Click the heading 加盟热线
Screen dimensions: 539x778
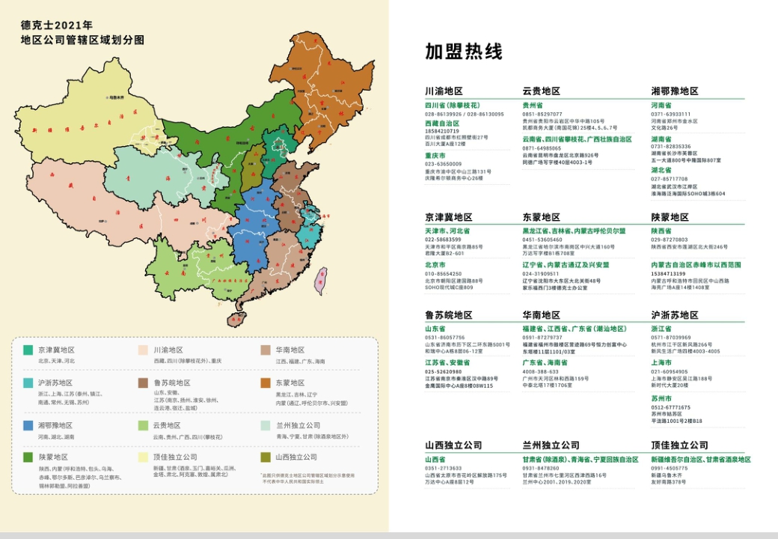pos(464,52)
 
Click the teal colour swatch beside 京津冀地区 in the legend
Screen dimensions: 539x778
pos(28,350)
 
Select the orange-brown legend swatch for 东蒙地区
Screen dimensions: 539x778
pos(265,383)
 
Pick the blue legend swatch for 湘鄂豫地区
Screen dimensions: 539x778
pos(28,425)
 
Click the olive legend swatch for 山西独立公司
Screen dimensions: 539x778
pos(265,457)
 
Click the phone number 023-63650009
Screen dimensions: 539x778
pos(444,164)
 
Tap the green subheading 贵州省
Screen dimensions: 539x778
pos(533,106)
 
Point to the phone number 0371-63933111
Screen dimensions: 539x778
pos(670,115)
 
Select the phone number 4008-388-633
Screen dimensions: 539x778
pos(540,371)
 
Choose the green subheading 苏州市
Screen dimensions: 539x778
pos(661,398)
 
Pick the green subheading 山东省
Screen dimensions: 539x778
pos(435,329)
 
